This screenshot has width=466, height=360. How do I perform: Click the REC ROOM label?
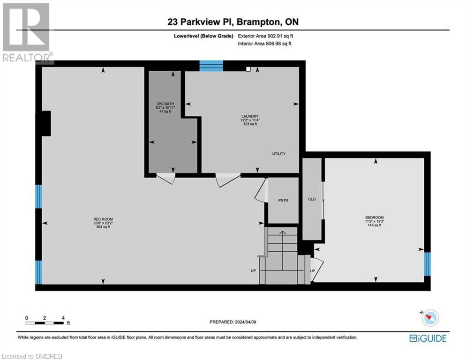click(103, 219)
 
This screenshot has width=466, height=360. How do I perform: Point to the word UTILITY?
click(278, 154)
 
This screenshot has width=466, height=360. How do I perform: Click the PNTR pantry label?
click(283, 200)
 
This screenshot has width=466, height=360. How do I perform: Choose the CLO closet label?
click(312, 199)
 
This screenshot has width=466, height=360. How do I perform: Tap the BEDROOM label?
click(375, 217)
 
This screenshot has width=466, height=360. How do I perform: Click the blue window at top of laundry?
click(211, 66)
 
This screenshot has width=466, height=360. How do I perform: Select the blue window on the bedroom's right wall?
click(427, 264)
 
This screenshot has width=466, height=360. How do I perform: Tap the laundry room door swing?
click(227, 180)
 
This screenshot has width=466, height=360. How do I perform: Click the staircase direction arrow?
click(282, 232)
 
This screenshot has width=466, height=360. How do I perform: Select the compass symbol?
click(429, 318)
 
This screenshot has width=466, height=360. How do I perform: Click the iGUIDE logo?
click(428, 338)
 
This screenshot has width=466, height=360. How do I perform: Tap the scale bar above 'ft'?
click(45, 322)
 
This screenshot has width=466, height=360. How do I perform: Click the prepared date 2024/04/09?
click(233, 322)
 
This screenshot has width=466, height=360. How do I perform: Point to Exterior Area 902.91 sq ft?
click(265, 36)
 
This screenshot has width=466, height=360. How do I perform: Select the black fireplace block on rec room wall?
click(45, 123)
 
